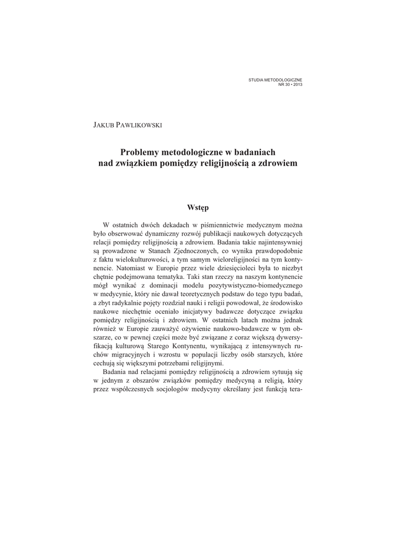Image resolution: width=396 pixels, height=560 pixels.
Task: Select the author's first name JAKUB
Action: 104,125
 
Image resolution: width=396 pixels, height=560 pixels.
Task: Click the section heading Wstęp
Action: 197,207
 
